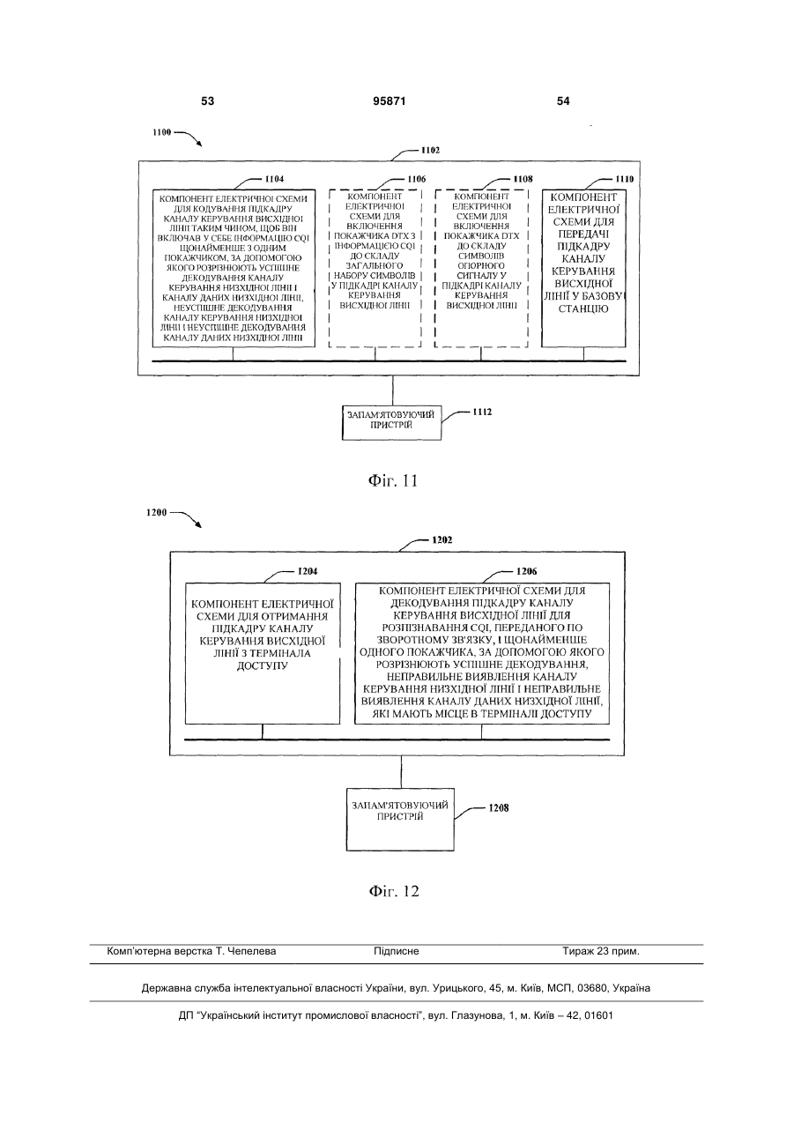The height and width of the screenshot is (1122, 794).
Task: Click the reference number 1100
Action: (x=162, y=132)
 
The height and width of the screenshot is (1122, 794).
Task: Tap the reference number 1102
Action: (x=430, y=150)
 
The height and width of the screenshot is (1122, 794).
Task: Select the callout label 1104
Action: (x=274, y=179)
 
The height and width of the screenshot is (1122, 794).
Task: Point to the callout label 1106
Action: (x=416, y=179)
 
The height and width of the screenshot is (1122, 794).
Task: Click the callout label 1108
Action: (x=523, y=179)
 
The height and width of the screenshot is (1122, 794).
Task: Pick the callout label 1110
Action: (x=624, y=179)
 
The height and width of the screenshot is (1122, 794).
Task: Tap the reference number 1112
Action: (x=482, y=412)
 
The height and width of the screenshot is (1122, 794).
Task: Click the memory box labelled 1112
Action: (x=392, y=422)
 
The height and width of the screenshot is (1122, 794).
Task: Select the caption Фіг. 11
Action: (x=393, y=481)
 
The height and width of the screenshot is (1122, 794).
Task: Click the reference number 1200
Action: (x=156, y=512)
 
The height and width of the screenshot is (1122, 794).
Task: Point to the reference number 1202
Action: (x=442, y=540)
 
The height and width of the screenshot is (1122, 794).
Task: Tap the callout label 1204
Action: (x=308, y=571)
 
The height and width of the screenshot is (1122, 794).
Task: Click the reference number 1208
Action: (x=499, y=808)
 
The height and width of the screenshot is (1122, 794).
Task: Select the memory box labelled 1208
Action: (x=400, y=820)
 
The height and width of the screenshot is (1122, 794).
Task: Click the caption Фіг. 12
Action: (x=394, y=891)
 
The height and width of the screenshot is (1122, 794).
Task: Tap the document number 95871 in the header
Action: (x=390, y=101)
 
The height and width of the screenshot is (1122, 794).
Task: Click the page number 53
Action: (x=207, y=101)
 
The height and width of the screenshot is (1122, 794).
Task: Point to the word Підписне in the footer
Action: (x=397, y=951)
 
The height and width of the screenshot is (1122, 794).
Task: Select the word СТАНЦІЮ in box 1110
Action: (x=583, y=308)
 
